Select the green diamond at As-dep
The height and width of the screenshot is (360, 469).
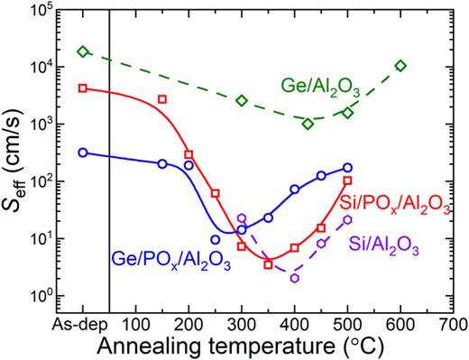tap(83, 51)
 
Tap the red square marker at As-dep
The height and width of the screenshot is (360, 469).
tap(83, 88)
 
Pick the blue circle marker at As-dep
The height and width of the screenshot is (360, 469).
tap(83, 152)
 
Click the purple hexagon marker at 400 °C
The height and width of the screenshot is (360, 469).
tap(295, 278)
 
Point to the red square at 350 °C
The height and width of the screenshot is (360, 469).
tap(268, 264)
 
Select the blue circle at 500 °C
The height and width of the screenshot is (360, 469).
tap(347, 168)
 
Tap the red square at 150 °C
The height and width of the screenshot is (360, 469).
tap(162, 99)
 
